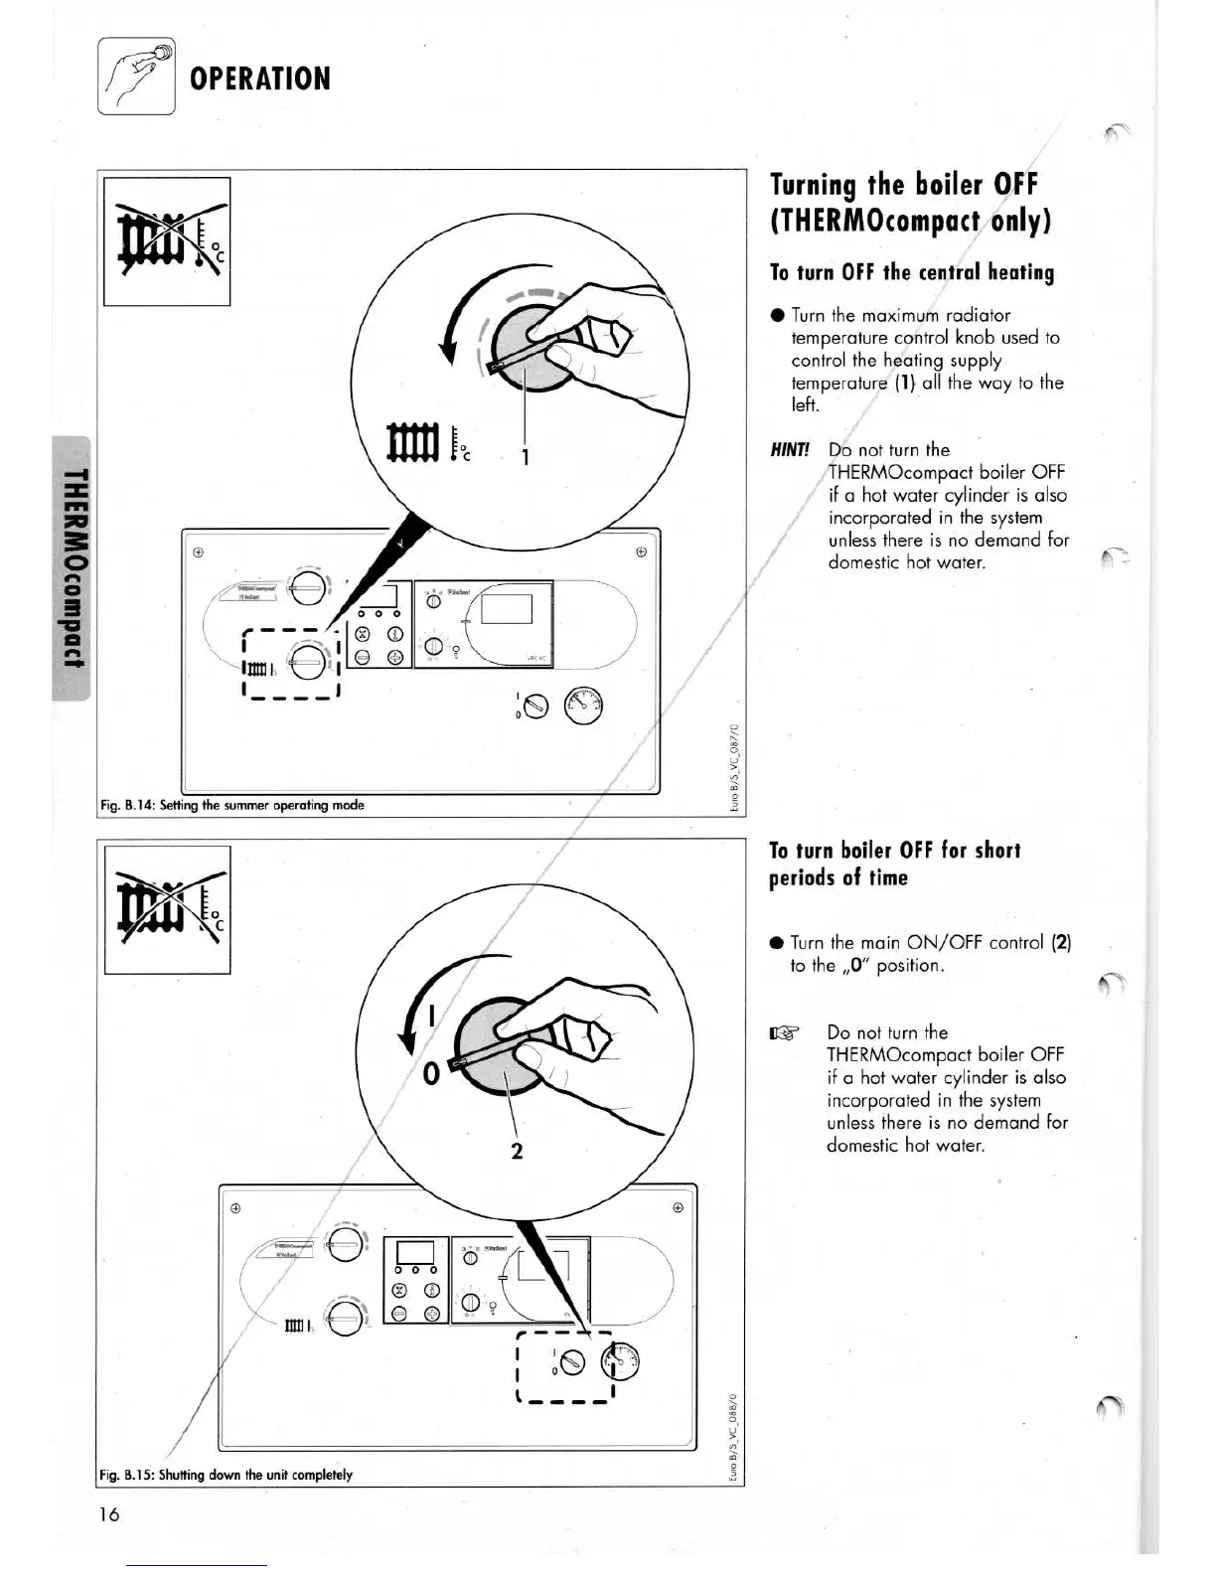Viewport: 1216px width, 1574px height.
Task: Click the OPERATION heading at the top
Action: (x=259, y=79)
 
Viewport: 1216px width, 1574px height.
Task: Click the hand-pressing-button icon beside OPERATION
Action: (x=136, y=76)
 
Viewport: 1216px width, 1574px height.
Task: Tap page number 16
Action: (x=108, y=1514)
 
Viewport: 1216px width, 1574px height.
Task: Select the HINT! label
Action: (x=791, y=449)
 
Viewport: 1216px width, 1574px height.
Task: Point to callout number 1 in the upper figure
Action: (x=526, y=456)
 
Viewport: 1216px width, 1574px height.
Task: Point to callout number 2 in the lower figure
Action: (x=517, y=1151)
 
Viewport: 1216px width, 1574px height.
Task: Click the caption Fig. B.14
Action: (x=231, y=805)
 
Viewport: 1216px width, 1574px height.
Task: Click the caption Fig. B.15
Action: (x=226, y=1475)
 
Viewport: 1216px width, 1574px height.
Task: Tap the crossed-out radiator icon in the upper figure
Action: (x=166, y=241)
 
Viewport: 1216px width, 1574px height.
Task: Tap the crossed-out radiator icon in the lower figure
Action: (x=166, y=910)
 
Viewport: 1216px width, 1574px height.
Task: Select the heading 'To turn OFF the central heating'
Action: (x=912, y=271)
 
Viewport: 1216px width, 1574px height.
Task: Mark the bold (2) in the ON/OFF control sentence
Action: (x=1060, y=942)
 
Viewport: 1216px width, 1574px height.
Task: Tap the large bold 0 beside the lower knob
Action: (x=431, y=1075)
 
